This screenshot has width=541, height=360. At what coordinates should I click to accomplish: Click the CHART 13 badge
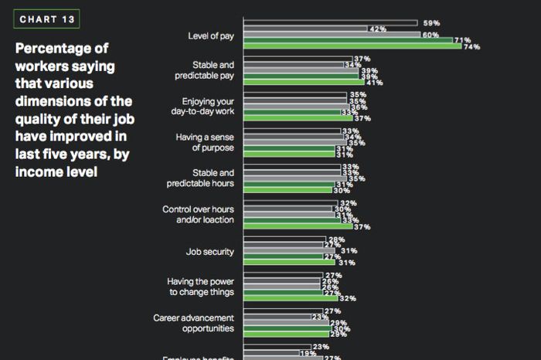click(46, 19)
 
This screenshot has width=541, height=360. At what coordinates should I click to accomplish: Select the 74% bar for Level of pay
click(352, 46)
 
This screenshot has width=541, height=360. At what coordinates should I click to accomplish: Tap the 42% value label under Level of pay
click(378, 29)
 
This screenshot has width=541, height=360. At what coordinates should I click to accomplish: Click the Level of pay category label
click(211, 36)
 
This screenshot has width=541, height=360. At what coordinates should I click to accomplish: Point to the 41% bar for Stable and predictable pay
click(304, 82)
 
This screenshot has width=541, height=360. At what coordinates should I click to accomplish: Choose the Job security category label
click(210, 252)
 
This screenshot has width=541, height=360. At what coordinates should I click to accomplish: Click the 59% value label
click(431, 23)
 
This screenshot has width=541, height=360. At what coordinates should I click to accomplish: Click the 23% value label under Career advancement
click(318, 316)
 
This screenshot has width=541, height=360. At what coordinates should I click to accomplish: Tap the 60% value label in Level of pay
click(430, 35)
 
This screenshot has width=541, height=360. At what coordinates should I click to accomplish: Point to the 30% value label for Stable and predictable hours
click(341, 190)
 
